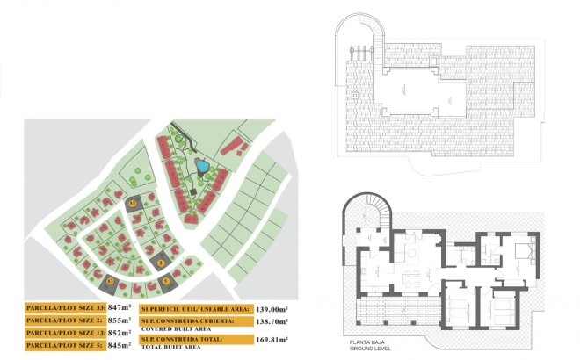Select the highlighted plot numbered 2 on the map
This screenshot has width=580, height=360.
162,261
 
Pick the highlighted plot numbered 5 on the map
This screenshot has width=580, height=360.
166,282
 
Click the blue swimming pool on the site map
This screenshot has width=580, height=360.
202,164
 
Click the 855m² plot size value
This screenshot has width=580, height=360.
118,320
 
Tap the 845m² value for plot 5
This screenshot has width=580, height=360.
118,346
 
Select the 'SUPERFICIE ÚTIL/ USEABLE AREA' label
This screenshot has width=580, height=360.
195,309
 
